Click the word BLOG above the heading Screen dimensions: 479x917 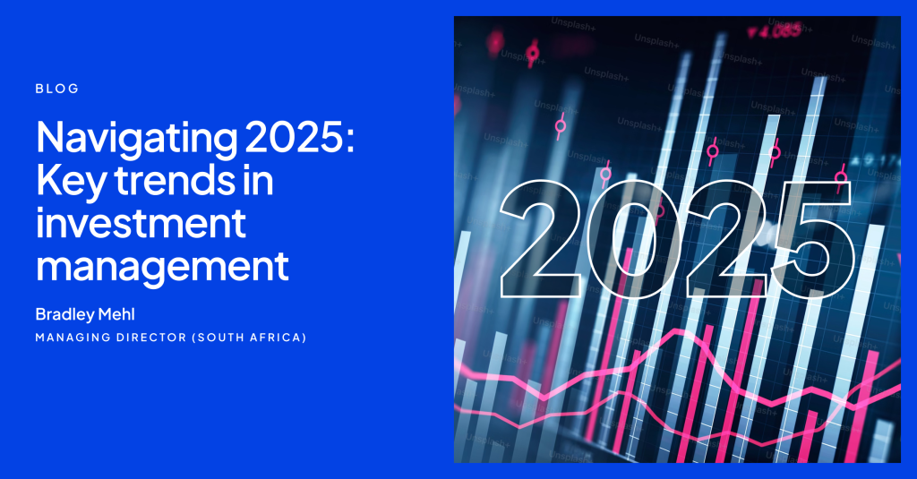tap(57, 89)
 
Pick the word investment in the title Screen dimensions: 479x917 tap(140, 224)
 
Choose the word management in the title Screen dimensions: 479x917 tap(162, 266)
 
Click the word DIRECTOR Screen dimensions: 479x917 tap(148, 338)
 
